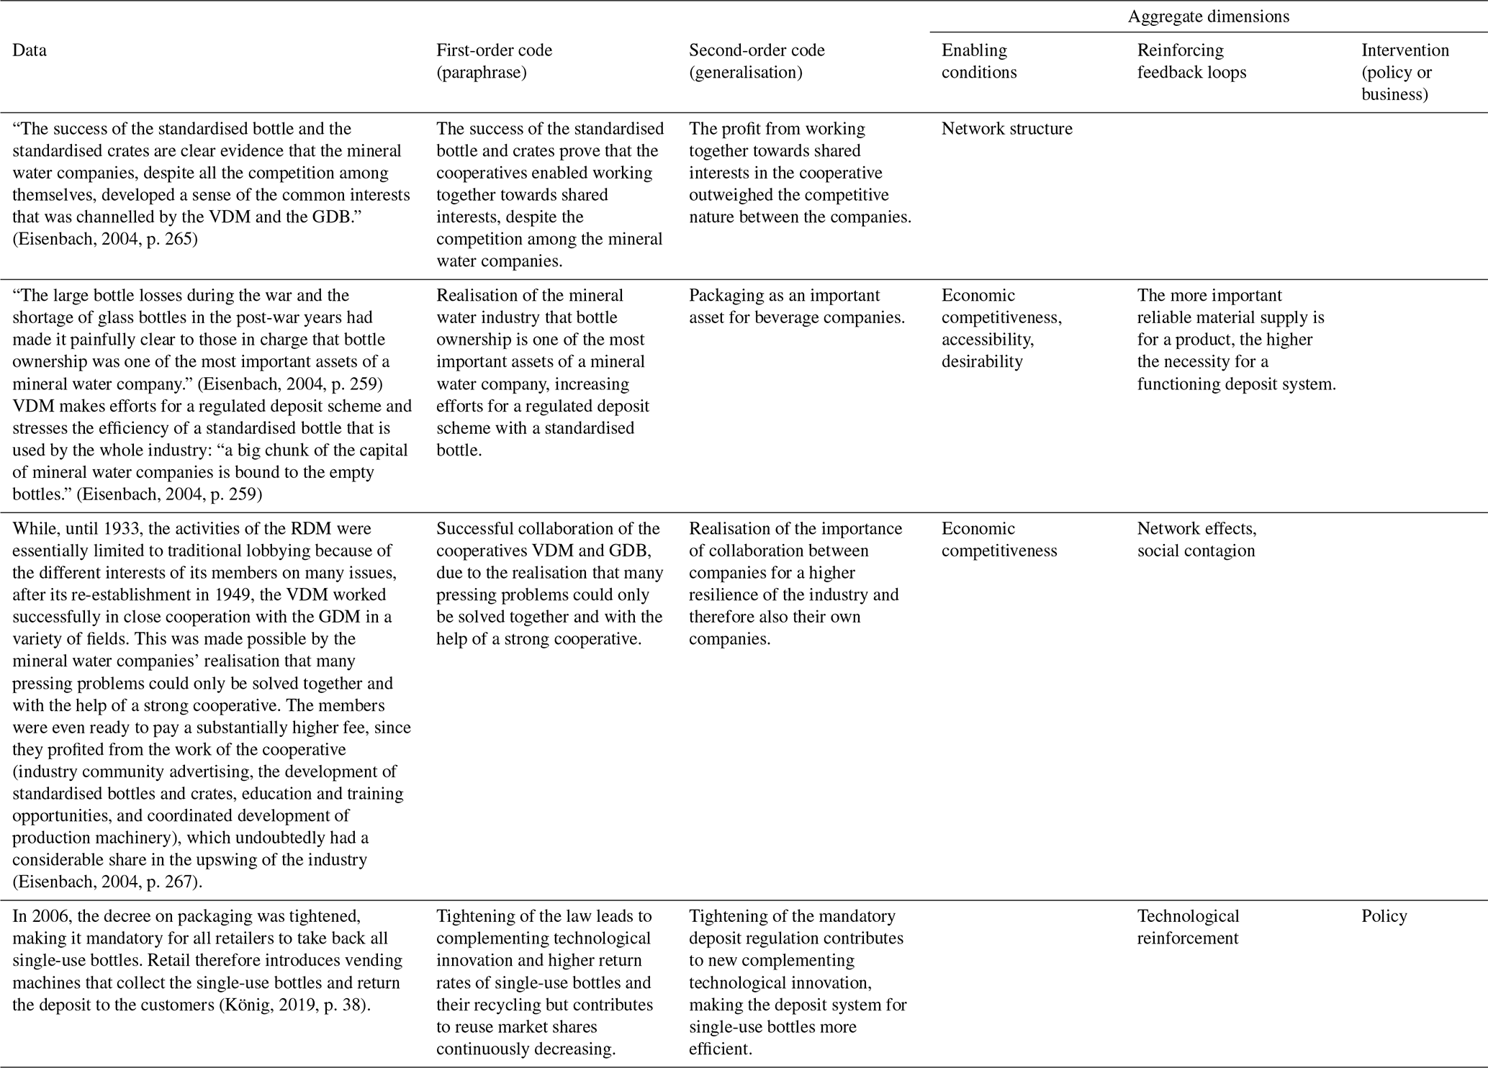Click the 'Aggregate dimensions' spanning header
[1208, 17]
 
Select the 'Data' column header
[30, 50]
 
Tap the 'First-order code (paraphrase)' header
[495, 61]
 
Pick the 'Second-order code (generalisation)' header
[757, 61]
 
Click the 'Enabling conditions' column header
[979, 61]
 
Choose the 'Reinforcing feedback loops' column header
[1191, 61]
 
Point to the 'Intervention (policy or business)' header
[1404, 72]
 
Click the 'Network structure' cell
[1006, 129]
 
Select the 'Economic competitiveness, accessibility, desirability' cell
[1001, 328]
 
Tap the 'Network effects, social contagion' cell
[1196, 540]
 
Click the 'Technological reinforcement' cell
[1188, 927]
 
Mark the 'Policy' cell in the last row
[1384, 916]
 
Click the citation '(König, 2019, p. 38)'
[292, 1005]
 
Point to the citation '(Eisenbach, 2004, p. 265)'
[104, 239]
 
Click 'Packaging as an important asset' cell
[796, 306]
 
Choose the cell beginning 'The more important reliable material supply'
[1236, 339]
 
